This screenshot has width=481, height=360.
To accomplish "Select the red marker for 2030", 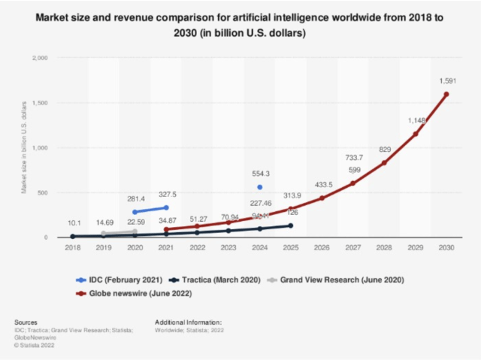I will tap(446, 95).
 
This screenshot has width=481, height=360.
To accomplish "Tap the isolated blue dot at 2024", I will tap(259, 187).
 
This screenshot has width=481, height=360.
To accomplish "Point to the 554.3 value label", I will tap(260, 174).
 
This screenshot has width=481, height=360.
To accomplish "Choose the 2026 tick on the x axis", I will tap(322, 247).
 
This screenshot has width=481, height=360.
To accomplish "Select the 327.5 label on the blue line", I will tap(167, 193).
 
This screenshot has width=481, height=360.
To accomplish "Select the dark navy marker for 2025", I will tap(290, 225).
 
